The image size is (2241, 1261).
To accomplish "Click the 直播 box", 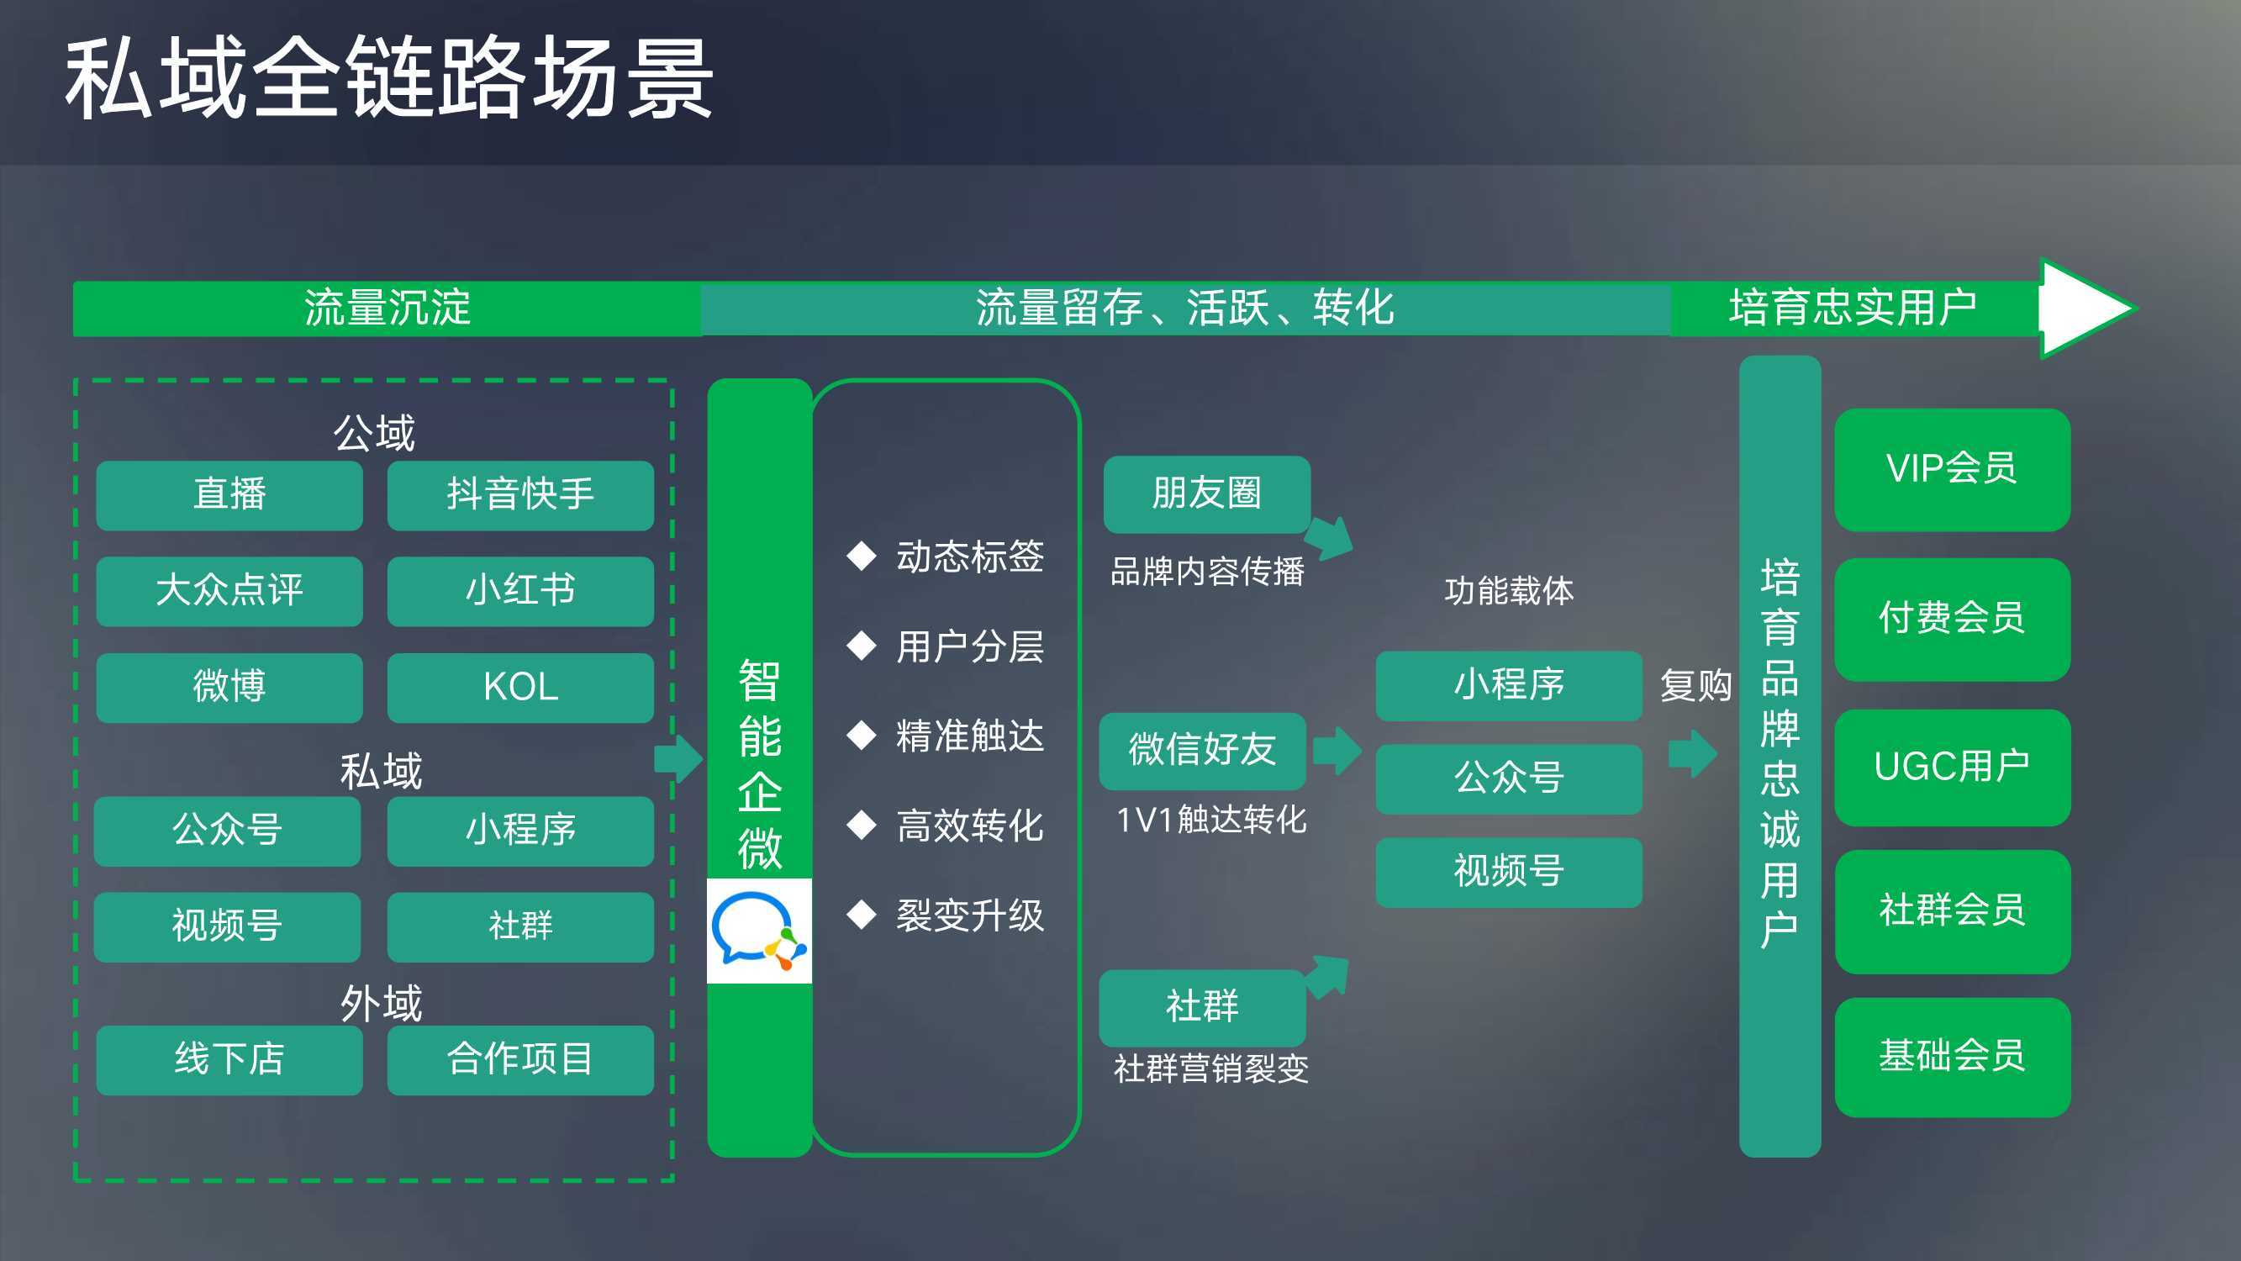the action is [229, 495].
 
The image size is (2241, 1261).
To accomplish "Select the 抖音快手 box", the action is [520, 495].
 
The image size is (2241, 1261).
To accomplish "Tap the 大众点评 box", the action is [229, 591].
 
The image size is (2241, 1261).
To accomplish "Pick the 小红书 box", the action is [520, 591].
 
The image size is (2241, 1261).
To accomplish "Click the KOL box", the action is [520, 688].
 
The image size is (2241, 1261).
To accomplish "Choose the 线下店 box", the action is [229, 1060].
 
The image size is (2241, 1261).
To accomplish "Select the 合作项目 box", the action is [520, 1060].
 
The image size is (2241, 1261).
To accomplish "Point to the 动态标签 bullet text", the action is [970, 556].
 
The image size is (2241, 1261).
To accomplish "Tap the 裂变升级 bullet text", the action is [970, 915].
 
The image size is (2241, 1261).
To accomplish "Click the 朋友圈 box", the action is [1206, 494].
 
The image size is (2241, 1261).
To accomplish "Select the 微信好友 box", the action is [1202, 751].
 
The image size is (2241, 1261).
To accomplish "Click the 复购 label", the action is [1695, 685].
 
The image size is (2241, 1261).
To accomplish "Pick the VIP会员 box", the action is [1952, 470].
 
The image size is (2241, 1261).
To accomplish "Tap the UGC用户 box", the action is [1952, 768].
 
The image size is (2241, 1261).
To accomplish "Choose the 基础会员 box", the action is [1952, 1058].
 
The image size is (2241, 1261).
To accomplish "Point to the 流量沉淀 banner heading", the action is [388, 308].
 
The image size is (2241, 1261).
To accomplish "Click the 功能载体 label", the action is [1509, 591].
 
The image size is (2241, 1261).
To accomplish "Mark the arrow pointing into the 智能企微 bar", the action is [678, 759].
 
